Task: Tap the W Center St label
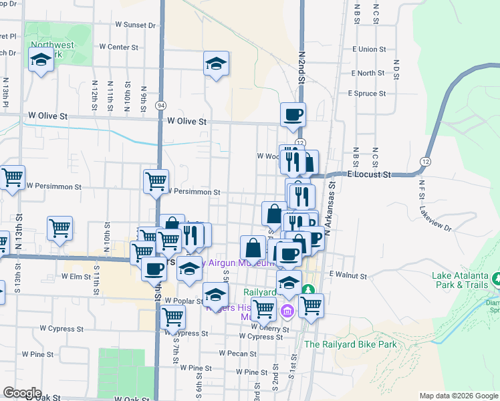tap(118, 47)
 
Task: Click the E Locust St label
tap(369, 174)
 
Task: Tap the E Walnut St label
tap(348, 275)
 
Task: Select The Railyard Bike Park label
tap(350, 345)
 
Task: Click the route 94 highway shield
tap(160, 106)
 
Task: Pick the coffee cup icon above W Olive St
tap(293, 116)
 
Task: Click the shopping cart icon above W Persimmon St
tap(156, 181)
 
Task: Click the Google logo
tap(23, 393)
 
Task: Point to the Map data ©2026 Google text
tap(458, 396)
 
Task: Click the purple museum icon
tap(288, 311)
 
